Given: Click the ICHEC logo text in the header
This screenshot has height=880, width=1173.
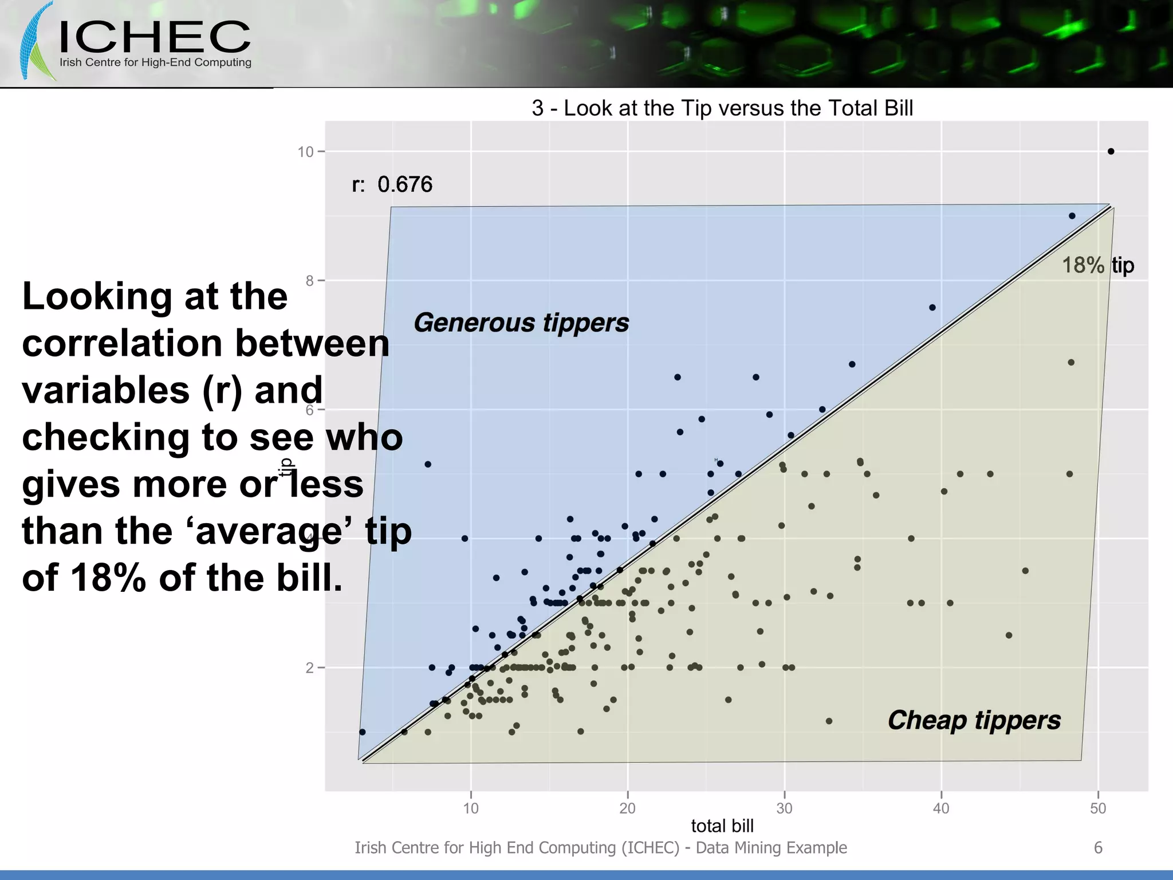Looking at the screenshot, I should pyautogui.click(x=155, y=37).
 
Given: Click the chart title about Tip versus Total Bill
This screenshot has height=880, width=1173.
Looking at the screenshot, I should pyautogui.click(x=722, y=108).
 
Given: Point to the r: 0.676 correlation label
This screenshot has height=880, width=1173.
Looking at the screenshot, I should pyautogui.click(x=392, y=184).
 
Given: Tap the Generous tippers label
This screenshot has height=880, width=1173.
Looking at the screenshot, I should pyautogui.click(x=521, y=323).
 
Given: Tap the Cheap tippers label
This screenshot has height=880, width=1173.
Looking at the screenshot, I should pyautogui.click(x=974, y=720).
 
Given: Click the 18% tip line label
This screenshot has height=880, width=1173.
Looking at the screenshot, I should pyautogui.click(x=1097, y=265).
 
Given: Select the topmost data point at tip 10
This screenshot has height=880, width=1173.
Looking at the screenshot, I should pyautogui.click(x=1111, y=151).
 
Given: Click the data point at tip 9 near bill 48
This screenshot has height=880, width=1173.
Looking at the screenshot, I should pyautogui.click(x=1072, y=216).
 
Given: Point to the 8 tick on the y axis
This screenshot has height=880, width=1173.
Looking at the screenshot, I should pyautogui.click(x=309, y=281).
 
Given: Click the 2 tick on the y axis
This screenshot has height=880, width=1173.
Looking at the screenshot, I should pyautogui.click(x=309, y=668).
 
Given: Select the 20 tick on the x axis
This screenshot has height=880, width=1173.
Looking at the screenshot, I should pyautogui.click(x=628, y=808).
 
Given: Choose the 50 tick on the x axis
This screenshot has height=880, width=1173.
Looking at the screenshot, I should pyautogui.click(x=1098, y=808).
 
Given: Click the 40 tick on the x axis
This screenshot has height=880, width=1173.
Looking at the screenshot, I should pyautogui.click(x=941, y=808).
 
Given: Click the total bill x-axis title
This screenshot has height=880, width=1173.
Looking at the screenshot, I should pyautogui.click(x=722, y=826).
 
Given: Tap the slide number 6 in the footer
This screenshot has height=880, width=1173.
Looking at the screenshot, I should pyautogui.click(x=1098, y=848).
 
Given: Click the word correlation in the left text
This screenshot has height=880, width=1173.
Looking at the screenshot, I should pyautogui.click(x=120, y=344).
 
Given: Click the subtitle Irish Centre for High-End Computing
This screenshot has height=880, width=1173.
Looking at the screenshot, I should pyautogui.click(x=155, y=62).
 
